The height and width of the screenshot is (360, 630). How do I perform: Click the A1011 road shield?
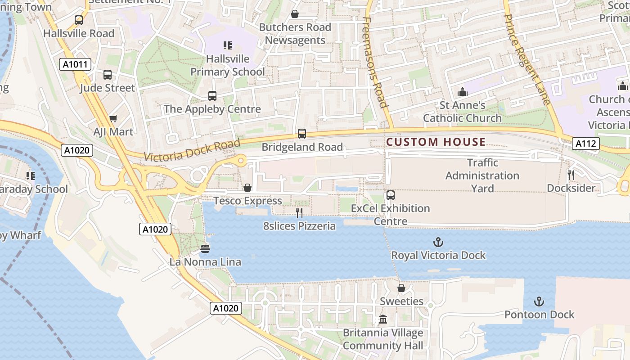click(75, 64)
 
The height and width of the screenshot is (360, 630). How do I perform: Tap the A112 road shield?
click(586, 144)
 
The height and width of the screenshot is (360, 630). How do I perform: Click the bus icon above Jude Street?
click(107, 75)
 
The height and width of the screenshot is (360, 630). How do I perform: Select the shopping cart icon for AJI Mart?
click(113, 119)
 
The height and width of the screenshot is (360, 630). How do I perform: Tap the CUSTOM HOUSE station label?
click(436, 142)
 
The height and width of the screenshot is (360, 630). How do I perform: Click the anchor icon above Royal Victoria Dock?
click(438, 243)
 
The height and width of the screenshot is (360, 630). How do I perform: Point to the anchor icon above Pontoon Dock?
click(539, 301)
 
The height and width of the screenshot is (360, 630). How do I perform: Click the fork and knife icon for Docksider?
click(571, 175)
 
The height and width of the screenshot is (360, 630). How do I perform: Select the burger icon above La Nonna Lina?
click(205, 248)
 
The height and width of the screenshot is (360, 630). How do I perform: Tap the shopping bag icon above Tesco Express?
click(247, 188)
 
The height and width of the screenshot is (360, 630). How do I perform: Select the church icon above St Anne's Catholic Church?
click(462, 92)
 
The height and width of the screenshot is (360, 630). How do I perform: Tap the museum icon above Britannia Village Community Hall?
click(383, 319)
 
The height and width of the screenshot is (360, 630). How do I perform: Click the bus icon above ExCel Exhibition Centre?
click(390, 195)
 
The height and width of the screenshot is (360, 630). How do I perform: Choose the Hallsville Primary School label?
click(228, 65)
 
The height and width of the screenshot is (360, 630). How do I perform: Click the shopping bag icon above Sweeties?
click(401, 288)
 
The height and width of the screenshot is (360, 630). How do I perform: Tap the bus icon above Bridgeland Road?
click(301, 134)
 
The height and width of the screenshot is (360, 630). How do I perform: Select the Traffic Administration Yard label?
click(482, 175)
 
